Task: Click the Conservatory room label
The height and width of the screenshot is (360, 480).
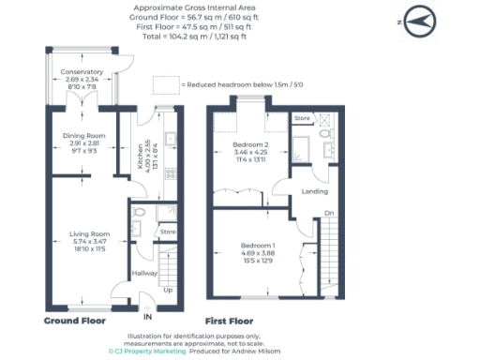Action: pos(82,72)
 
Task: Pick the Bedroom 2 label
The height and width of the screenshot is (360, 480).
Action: pos(250,146)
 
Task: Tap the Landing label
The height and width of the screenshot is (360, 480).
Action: pos(314,193)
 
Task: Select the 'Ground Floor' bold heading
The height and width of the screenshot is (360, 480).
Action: pos(76,320)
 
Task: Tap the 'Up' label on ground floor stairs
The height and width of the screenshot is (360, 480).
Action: pos(168,290)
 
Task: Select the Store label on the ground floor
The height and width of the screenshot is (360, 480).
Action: pos(168,231)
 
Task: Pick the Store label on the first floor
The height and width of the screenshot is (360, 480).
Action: pos(302,119)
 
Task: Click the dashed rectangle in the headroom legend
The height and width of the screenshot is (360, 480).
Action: pos(165,84)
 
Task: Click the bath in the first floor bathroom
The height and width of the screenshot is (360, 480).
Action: pos(303,148)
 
